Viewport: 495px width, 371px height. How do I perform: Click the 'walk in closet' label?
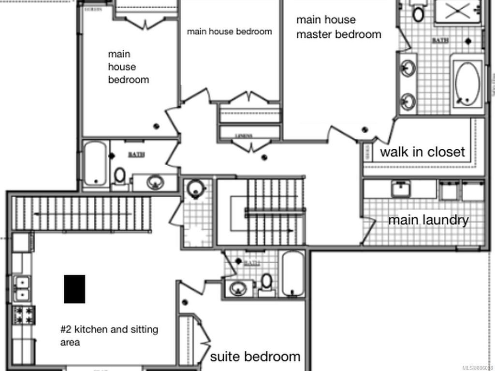point(422,152)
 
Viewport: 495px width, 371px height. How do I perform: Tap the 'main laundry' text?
point(428,220)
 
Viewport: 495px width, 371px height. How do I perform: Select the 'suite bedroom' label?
point(255,357)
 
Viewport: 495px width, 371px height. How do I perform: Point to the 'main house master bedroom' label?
point(338,27)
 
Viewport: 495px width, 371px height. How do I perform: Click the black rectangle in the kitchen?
point(74,289)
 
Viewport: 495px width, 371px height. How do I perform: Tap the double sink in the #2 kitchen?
point(22,288)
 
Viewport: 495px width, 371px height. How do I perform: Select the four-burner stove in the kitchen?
point(23,315)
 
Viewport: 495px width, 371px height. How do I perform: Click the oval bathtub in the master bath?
point(467,84)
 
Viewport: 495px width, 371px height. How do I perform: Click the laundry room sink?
point(401,188)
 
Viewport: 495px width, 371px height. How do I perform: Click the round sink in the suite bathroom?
point(238,288)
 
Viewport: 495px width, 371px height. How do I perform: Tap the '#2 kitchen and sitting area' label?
point(109,336)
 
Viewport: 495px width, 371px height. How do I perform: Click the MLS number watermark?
point(477,367)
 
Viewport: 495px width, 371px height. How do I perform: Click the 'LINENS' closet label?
point(244,136)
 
